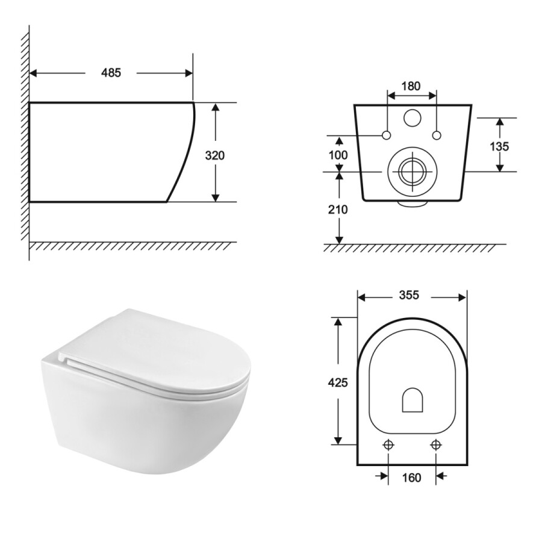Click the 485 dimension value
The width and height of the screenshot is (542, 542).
pyautogui.click(x=111, y=73)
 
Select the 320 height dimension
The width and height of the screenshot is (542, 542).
pyautogui.click(x=214, y=155)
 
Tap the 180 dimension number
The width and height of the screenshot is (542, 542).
pyautogui.click(x=411, y=86)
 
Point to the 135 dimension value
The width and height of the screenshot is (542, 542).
pyautogui.click(x=499, y=146)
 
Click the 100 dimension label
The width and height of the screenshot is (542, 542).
pyautogui.click(x=338, y=155)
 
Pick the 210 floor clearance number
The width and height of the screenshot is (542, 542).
pyautogui.click(x=338, y=210)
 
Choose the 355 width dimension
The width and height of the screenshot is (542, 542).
pyautogui.click(x=409, y=295)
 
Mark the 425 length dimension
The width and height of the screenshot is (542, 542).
pyautogui.click(x=338, y=382)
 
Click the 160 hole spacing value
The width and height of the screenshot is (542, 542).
pyautogui.click(x=411, y=478)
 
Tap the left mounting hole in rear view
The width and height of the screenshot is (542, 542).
pyautogui.click(x=387, y=135)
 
